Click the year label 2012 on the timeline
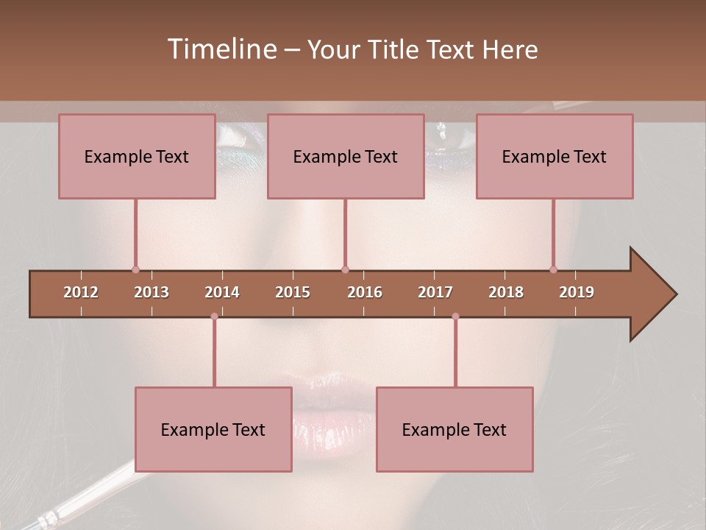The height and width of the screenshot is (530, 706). click(81, 292)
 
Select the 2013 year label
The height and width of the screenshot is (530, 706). click(151, 292)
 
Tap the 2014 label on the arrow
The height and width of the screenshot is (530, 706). click(222, 292)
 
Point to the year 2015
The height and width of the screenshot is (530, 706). click(293, 292)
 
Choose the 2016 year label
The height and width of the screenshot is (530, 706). click(365, 292)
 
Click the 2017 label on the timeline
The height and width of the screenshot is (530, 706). click(435, 292)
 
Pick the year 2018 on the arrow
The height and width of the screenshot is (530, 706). click(506, 292)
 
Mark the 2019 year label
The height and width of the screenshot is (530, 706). click(577, 292)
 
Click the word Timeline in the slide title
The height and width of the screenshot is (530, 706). click(221, 49)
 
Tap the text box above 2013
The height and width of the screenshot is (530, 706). click(137, 156)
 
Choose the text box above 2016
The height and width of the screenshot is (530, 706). click(346, 156)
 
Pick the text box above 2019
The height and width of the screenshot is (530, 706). click(555, 156)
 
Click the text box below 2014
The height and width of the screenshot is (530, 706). click(213, 429)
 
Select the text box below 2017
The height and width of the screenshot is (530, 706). click(454, 429)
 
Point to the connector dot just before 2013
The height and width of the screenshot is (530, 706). click(135, 269)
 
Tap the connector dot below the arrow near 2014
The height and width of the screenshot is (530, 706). click(214, 317)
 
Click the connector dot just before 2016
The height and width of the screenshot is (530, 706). click(345, 269)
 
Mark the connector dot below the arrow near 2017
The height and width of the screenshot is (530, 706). click(455, 317)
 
